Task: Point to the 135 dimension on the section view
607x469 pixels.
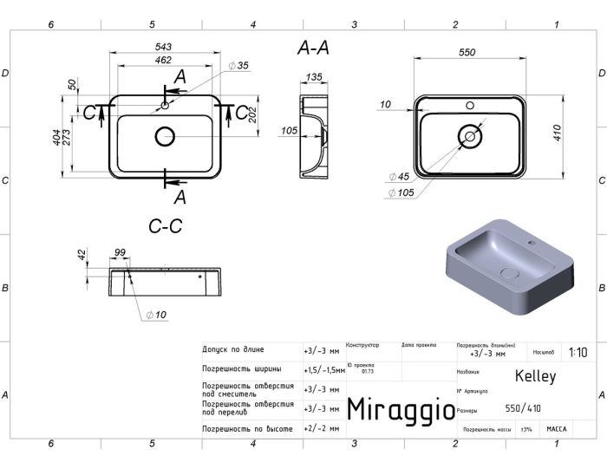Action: pos(314,77)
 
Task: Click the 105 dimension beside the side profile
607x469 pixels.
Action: pos(289,131)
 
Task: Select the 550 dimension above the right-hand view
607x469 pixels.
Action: pos(467,53)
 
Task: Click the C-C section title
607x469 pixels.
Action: pos(165,226)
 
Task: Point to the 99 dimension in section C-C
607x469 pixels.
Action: pos(120,252)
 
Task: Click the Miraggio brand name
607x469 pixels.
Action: pos(400,409)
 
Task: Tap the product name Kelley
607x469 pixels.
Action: pos(535,376)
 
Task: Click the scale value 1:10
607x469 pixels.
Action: pos(578,353)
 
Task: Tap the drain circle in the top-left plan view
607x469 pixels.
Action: pos(165,136)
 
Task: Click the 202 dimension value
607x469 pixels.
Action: pos(253,114)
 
